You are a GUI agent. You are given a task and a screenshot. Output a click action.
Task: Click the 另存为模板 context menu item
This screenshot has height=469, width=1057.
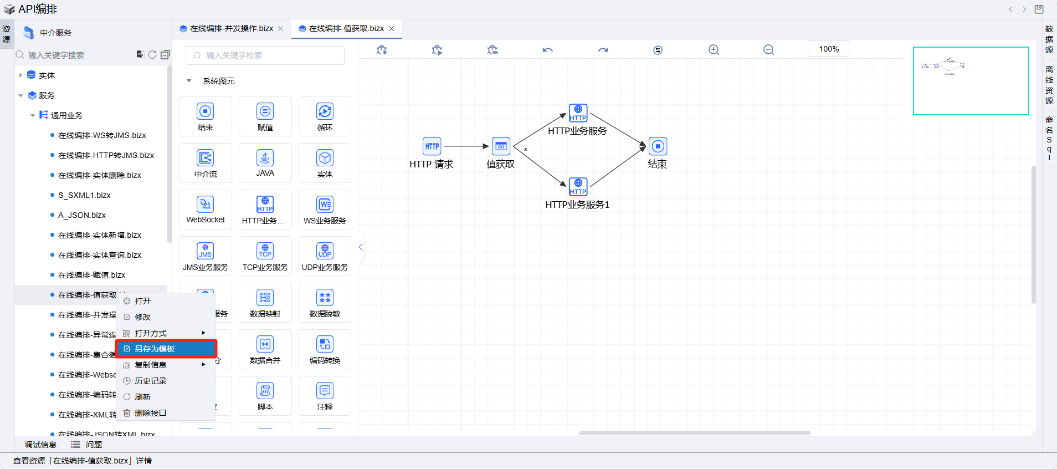point(155,349)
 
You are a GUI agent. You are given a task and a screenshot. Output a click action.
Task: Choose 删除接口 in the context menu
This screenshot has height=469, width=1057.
point(151,413)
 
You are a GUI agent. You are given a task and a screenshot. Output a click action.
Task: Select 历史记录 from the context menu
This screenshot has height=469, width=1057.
point(151,381)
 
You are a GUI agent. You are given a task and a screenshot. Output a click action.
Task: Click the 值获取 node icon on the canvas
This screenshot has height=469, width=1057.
point(501,146)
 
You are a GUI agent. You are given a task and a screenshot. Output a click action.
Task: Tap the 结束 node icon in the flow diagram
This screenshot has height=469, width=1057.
point(658,146)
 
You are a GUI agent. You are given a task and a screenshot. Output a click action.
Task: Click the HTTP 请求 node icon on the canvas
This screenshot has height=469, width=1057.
point(432,146)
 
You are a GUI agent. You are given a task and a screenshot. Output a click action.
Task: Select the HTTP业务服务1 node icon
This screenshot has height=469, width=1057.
point(578,186)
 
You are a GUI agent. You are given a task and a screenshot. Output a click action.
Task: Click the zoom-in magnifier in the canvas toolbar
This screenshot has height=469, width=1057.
point(714,50)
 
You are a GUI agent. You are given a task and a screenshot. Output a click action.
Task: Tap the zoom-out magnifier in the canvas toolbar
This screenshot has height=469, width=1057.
point(768,50)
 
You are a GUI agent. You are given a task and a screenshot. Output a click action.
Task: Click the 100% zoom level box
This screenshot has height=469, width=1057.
point(829,49)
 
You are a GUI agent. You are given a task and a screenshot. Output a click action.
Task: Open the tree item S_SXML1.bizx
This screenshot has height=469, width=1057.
point(84,195)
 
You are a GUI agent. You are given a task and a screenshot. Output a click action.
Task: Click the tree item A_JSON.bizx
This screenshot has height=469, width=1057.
point(82,215)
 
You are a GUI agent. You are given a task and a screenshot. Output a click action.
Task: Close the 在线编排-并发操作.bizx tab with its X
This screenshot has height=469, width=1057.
point(281,29)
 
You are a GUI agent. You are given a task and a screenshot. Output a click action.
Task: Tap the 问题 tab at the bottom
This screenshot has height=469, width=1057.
point(94,445)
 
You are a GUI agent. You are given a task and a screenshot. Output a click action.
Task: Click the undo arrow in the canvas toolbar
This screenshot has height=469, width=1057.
point(547,50)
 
